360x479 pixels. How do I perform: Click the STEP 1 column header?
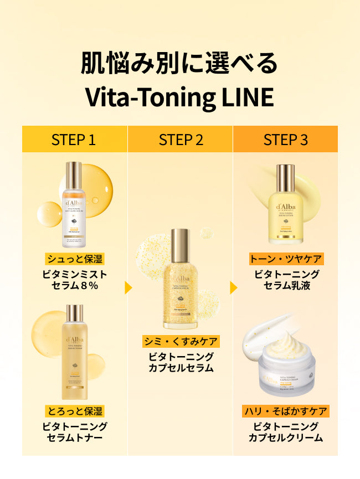pos(74,140)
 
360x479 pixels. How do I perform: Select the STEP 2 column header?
pos(181,140)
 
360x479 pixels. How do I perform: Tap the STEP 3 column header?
pos(285,140)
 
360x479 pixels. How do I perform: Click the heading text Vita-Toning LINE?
pos(179,96)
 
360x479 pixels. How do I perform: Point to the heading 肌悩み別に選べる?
pos(179,64)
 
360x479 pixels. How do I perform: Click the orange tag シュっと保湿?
pos(75,259)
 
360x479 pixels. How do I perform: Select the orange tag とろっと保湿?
pos(75,411)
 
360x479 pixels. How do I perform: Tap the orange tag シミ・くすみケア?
pos(181,341)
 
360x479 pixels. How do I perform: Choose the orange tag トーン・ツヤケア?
pos(286,259)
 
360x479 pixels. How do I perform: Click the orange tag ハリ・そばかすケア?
pos(286,411)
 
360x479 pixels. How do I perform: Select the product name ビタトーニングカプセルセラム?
pos(181,362)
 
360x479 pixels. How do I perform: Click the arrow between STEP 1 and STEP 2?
pos(128,288)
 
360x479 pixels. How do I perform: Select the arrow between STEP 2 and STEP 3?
pos(233,288)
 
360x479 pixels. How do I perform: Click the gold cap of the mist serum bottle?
pos(74,175)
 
